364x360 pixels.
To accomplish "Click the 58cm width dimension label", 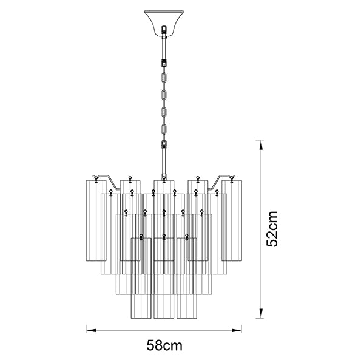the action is pyautogui.click(x=164, y=345).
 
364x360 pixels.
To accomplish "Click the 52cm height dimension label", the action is pyautogui.click(x=272, y=229).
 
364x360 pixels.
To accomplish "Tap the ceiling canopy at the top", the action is pyautogui.click(x=164, y=22).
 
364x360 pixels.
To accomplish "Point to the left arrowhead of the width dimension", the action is pyautogui.click(x=91, y=330).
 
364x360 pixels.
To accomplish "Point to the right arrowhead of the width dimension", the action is pyautogui.click(x=237, y=330).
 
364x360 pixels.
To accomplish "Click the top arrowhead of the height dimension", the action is pyautogui.click(x=261, y=145).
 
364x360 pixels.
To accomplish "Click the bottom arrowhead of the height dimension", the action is pyautogui.click(x=261, y=313).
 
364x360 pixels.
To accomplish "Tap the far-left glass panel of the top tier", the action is pyautogui.click(x=96, y=220).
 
